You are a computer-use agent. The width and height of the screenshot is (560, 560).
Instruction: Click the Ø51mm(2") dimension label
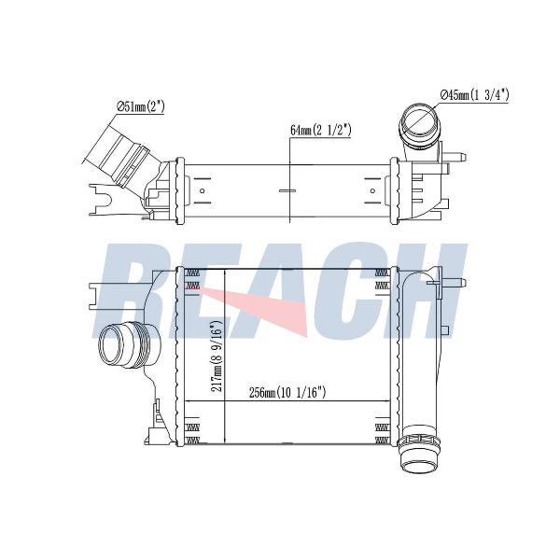click(141, 106)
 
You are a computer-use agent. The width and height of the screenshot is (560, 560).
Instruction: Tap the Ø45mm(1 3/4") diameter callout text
click(475, 95)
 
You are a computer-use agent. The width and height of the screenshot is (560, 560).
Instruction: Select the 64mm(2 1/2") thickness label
click(320, 130)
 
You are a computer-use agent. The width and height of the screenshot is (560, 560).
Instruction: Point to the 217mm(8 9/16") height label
click(217, 357)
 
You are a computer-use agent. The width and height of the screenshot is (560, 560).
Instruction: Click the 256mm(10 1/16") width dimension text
click(287, 393)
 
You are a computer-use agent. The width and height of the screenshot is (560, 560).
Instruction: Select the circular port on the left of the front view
click(114, 345)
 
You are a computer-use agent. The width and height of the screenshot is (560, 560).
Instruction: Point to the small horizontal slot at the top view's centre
click(287, 190)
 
